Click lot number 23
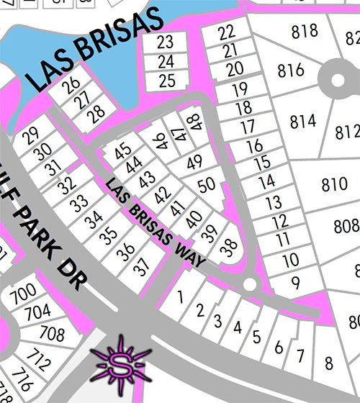(166, 42)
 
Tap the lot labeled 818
(305, 31)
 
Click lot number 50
(207, 185)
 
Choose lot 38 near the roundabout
(229, 248)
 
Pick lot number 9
(295, 282)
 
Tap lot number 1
(181, 296)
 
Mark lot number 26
(70, 86)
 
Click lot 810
(334, 184)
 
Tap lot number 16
(255, 146)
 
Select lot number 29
(30, 135)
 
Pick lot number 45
(123, 150)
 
